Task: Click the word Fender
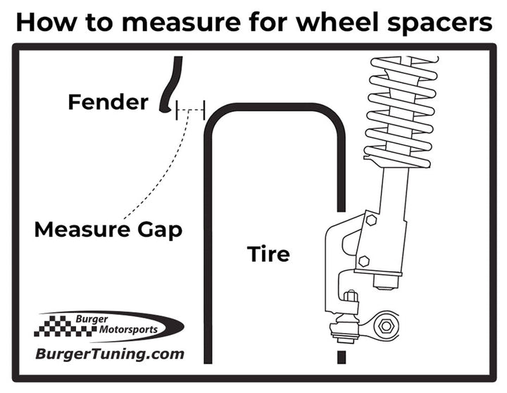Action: click(x=108, y=102)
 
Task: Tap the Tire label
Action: click(x=268, y=253)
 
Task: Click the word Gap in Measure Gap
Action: click(x=163, y=230)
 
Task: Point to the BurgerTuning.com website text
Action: click(x=110, y=354)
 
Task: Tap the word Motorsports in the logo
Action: click(x=127, y=329)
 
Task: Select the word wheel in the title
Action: click(x=355, y=23)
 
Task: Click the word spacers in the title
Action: click(x=449, y=23)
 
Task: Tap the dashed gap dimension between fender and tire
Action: click(x=190, y=110)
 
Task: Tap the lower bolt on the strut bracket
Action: click(x=364, y=261)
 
